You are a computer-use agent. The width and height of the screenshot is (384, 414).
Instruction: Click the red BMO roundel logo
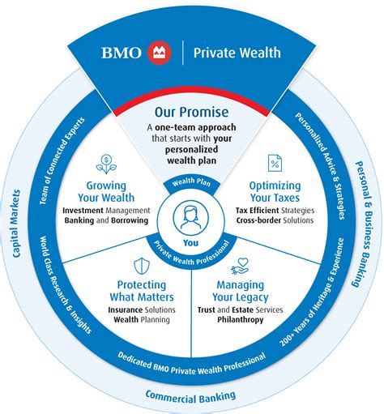click(x=160, y=53)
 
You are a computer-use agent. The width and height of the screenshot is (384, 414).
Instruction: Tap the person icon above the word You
click(x=191, y=217)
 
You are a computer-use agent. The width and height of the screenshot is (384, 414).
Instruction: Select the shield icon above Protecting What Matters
click(x=142, y=266)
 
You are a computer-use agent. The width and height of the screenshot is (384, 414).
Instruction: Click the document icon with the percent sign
click(x=275, y=163)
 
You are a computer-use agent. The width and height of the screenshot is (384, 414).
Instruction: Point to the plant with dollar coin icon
click(x=106, y=164)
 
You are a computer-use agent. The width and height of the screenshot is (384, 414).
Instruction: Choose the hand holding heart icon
click(x=240, y=266)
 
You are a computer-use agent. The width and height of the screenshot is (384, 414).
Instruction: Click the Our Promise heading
click(x=191, y=112)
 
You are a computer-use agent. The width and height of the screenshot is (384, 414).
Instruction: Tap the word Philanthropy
click(x=241, y=319)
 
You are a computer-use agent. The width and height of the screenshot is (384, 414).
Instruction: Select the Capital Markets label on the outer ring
click(x=15, y=224)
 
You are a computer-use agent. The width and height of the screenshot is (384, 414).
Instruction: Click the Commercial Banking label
click(x=190, y=397)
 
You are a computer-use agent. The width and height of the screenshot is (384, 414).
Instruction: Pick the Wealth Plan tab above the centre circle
click(x=191, y=182)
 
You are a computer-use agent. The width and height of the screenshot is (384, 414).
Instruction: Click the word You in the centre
click(x=190, y=243)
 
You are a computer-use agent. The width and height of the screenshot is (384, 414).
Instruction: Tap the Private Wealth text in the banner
click(x=237, y=53)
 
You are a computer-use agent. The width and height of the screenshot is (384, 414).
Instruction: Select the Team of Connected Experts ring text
click(x=62, y=160)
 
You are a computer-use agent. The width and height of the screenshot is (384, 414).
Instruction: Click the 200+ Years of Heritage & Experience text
click(x=312, y=292)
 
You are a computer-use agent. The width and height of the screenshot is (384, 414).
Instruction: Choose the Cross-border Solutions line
click(x=275, y=220)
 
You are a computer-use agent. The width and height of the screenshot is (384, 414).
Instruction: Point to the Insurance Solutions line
click(x=142, y=309)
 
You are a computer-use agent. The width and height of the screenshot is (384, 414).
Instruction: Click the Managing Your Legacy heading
click(x=241, y=291)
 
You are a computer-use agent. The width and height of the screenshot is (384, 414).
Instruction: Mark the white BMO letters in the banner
click(x=122, y=53)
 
